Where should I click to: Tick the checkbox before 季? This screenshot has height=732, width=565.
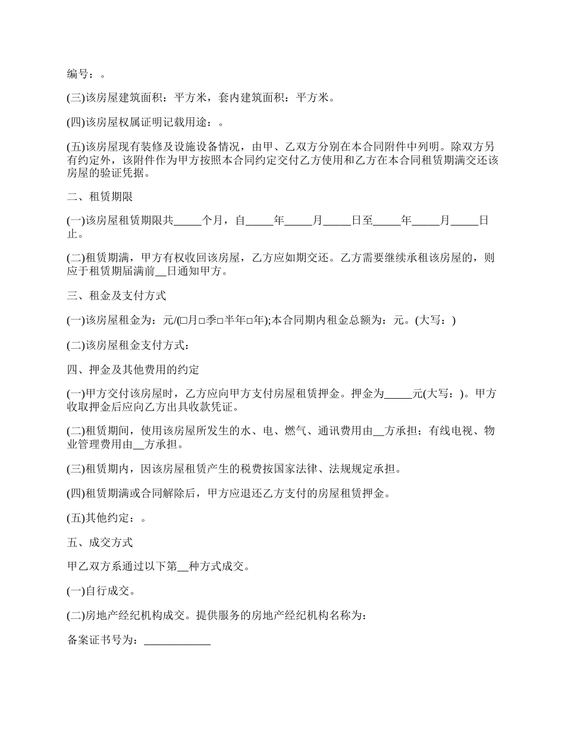point(202,321)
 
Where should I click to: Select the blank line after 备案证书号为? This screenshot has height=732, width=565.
point(177,641)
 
